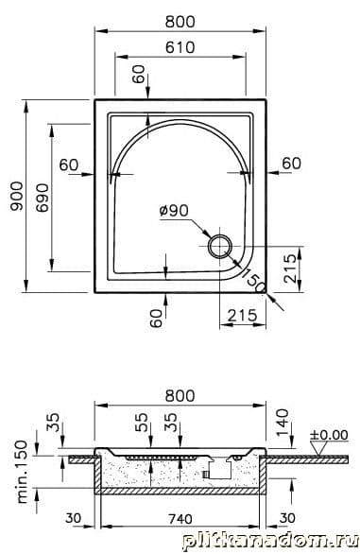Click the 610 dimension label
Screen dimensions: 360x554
pos(180,47)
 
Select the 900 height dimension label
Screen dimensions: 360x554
pos(16,196)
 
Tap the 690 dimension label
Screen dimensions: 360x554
pos(43,198)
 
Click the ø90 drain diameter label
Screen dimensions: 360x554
pos(174,211)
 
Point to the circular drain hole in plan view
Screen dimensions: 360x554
pos(220,246)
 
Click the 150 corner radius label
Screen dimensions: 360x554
pos(253,280)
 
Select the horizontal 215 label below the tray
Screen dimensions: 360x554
pos(242,315)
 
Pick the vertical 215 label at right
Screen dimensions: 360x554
pos(291,268)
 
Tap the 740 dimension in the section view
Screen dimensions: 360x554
pos(180,519)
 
